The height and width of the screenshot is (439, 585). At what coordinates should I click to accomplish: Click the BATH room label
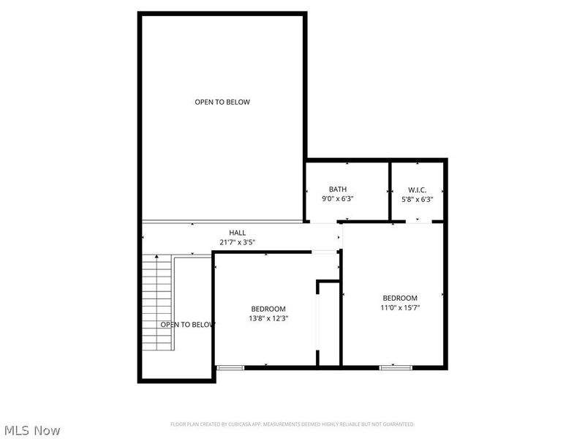[x=338, y=189]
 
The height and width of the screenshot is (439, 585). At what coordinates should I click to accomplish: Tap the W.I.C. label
[x=418, y=189]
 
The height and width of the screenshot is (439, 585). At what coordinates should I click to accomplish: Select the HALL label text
[x=237, y=232]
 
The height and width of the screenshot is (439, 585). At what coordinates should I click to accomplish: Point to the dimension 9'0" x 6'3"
[x=338, y=198]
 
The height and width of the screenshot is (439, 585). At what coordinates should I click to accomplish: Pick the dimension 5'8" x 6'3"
[x=418, y=198]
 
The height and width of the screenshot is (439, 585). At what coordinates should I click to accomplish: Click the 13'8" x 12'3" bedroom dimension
[x=268, y=318]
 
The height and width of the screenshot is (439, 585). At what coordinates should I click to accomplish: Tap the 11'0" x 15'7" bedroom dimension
[x=400, y=307]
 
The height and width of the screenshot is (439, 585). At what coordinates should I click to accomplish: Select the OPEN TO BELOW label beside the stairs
[x=187, y=324]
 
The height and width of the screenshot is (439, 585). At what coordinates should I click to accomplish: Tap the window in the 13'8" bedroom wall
[x=231, y=367]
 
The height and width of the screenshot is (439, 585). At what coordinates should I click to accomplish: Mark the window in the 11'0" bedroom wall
[x=390, y=367]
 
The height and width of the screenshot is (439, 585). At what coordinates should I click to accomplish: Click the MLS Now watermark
[x=31, y=430]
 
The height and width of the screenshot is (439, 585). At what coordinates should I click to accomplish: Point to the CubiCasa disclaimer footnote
[x=292, y=424]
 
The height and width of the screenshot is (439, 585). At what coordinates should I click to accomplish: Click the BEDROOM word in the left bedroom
[x=268, y=309]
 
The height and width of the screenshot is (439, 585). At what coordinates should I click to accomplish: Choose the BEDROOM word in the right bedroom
[x=400, y=298]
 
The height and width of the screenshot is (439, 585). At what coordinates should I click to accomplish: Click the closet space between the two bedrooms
[x=330, y=322]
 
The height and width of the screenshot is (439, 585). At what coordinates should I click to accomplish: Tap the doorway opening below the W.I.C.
[x=418, y=222]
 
